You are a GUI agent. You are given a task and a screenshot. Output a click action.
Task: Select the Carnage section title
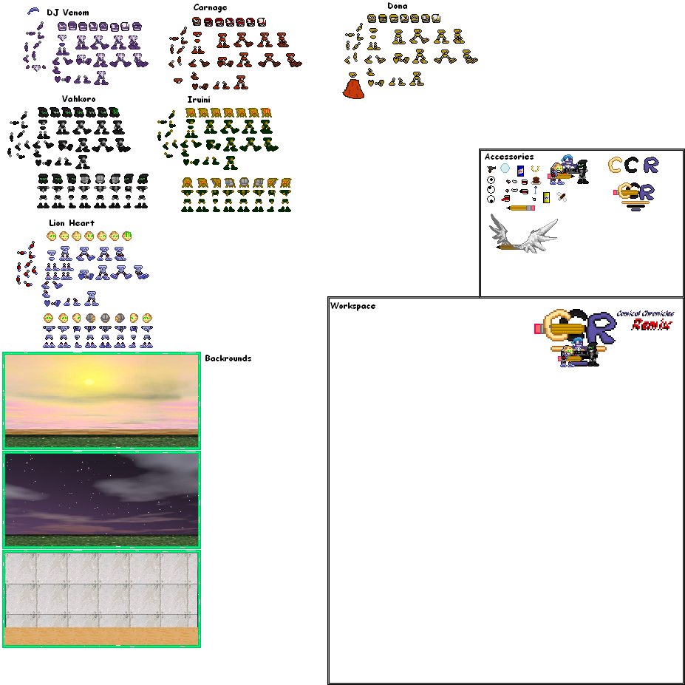(x=210, y=7)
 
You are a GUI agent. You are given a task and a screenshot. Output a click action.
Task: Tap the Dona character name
(x=397, y=6)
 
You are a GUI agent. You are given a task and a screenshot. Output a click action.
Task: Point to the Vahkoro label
(x=78, y=98)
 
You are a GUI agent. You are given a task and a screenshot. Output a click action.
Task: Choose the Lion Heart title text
(x=71, y=222)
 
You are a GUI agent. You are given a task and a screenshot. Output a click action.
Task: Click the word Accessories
(x=508, y=157)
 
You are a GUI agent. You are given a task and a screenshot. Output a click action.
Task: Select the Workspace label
(x=352, y=306)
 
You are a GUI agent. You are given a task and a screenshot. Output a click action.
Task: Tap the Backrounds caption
(x=228, y=358)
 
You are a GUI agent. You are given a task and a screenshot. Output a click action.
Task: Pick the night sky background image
(x=101, y=499)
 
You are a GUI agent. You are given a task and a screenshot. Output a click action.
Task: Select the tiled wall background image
(x=101, y=598)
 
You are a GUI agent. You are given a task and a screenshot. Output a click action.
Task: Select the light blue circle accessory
(x=505, y=168)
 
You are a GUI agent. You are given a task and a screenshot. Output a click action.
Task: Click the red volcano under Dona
(x=354, y=89)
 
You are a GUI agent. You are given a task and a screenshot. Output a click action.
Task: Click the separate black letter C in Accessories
(x=630, y=165)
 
